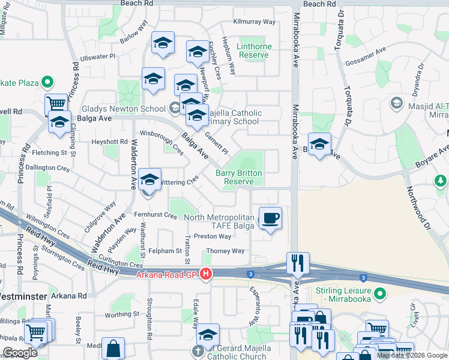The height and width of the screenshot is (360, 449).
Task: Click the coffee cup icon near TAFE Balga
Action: point(270,217)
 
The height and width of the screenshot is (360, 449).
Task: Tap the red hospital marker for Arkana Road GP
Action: point(206,275)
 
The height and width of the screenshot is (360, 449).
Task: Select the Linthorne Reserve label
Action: point(255,50)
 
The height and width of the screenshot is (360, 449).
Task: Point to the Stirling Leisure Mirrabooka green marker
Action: point(379,294)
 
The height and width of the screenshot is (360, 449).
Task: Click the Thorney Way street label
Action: point(225,251)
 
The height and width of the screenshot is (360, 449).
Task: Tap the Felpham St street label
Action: point(166,251)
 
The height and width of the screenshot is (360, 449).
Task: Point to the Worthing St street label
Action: point(125,314)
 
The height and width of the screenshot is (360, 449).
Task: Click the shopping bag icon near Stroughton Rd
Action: point(113,348)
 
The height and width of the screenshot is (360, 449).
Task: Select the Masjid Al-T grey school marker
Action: point(396,103)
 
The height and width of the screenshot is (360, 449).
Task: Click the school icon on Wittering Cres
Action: point(149,179)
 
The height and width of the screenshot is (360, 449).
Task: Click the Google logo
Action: point(20,353)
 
